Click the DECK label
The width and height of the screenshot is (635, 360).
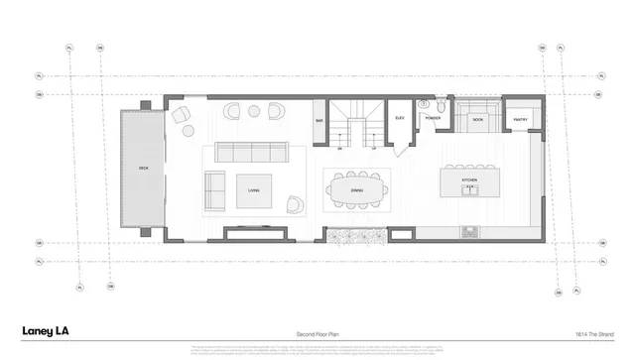pyautogui.click(x=142, y=170)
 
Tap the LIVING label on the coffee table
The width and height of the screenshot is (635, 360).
pyautogui.click(x=254, y=189)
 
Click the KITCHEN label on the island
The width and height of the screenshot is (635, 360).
pyautogui.click(x=468, y=180)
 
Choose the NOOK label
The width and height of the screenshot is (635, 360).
pyautogui.click(x=478, y=119)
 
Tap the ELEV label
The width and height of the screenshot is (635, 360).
pyautogui.click(x=399, y=118)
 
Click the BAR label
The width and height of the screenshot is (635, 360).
pyautogui.click(x=319, y=121)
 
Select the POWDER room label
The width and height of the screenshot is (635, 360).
pyautogui.click(x=433, y=118)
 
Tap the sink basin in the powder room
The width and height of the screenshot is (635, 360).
pyautogui.click(x=441, y=104)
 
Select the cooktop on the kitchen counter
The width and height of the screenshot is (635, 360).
pyautogui.click(x=469, y=233)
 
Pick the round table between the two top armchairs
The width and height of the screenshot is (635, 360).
pyautogui.click(x=254, y=109)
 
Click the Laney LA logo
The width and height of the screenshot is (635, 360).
pyautogui.click(x=46, y=331)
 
